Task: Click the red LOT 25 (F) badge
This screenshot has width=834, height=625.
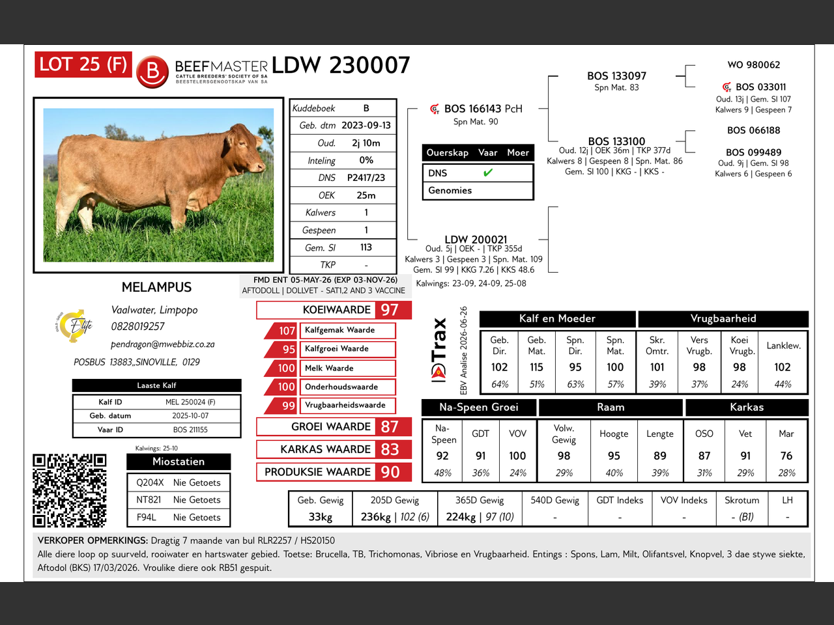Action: [83, 64]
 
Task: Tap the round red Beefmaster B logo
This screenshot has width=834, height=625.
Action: [152, 72]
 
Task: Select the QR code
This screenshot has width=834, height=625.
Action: [69, 490]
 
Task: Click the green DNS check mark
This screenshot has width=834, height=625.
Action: [488, 173]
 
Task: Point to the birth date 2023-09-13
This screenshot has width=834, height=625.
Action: [366, 125]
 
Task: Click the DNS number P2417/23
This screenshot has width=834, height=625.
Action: [366, 178]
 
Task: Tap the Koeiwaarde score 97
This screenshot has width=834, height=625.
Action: [390, 310]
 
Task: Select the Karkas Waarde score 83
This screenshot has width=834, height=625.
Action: [390, 449]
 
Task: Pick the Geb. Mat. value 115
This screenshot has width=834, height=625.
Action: [536, 367]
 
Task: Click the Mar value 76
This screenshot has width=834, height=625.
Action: [786, 455]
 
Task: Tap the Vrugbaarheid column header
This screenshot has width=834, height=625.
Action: [723, 318]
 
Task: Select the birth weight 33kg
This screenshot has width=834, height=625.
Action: [321, 517]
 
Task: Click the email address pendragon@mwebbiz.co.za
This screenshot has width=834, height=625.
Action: [163, 344]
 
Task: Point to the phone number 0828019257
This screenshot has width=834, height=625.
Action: [137, 326]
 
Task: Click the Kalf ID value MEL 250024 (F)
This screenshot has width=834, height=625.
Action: [190, 402]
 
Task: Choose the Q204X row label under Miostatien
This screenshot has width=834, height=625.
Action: [150, 482]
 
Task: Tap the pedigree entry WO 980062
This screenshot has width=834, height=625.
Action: [753, 65]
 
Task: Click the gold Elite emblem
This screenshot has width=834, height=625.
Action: [74, 326]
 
